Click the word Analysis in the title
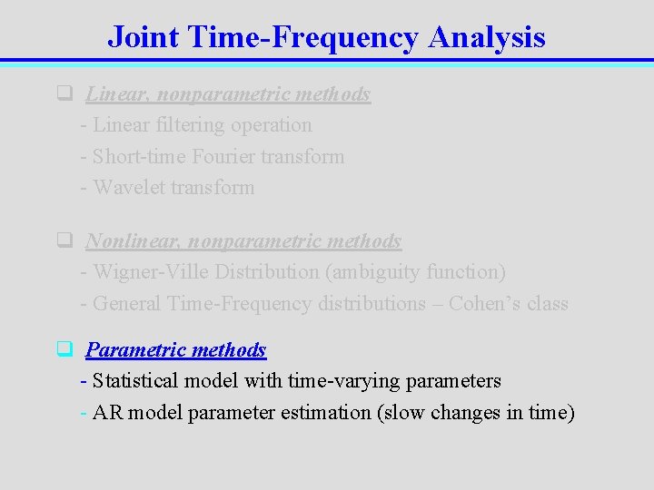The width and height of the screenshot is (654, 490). click(487, 37)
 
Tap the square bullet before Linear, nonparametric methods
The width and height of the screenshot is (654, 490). click(64, 93)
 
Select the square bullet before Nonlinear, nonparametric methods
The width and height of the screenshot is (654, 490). click(64, 240)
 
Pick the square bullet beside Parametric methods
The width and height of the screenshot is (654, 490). click(64, 349)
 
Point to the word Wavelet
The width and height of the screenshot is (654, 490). click(127, 188)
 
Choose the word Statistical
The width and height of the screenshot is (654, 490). click(138, 381)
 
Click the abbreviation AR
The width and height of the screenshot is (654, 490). click(107, 413)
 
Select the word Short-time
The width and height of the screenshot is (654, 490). click(137, 156)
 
